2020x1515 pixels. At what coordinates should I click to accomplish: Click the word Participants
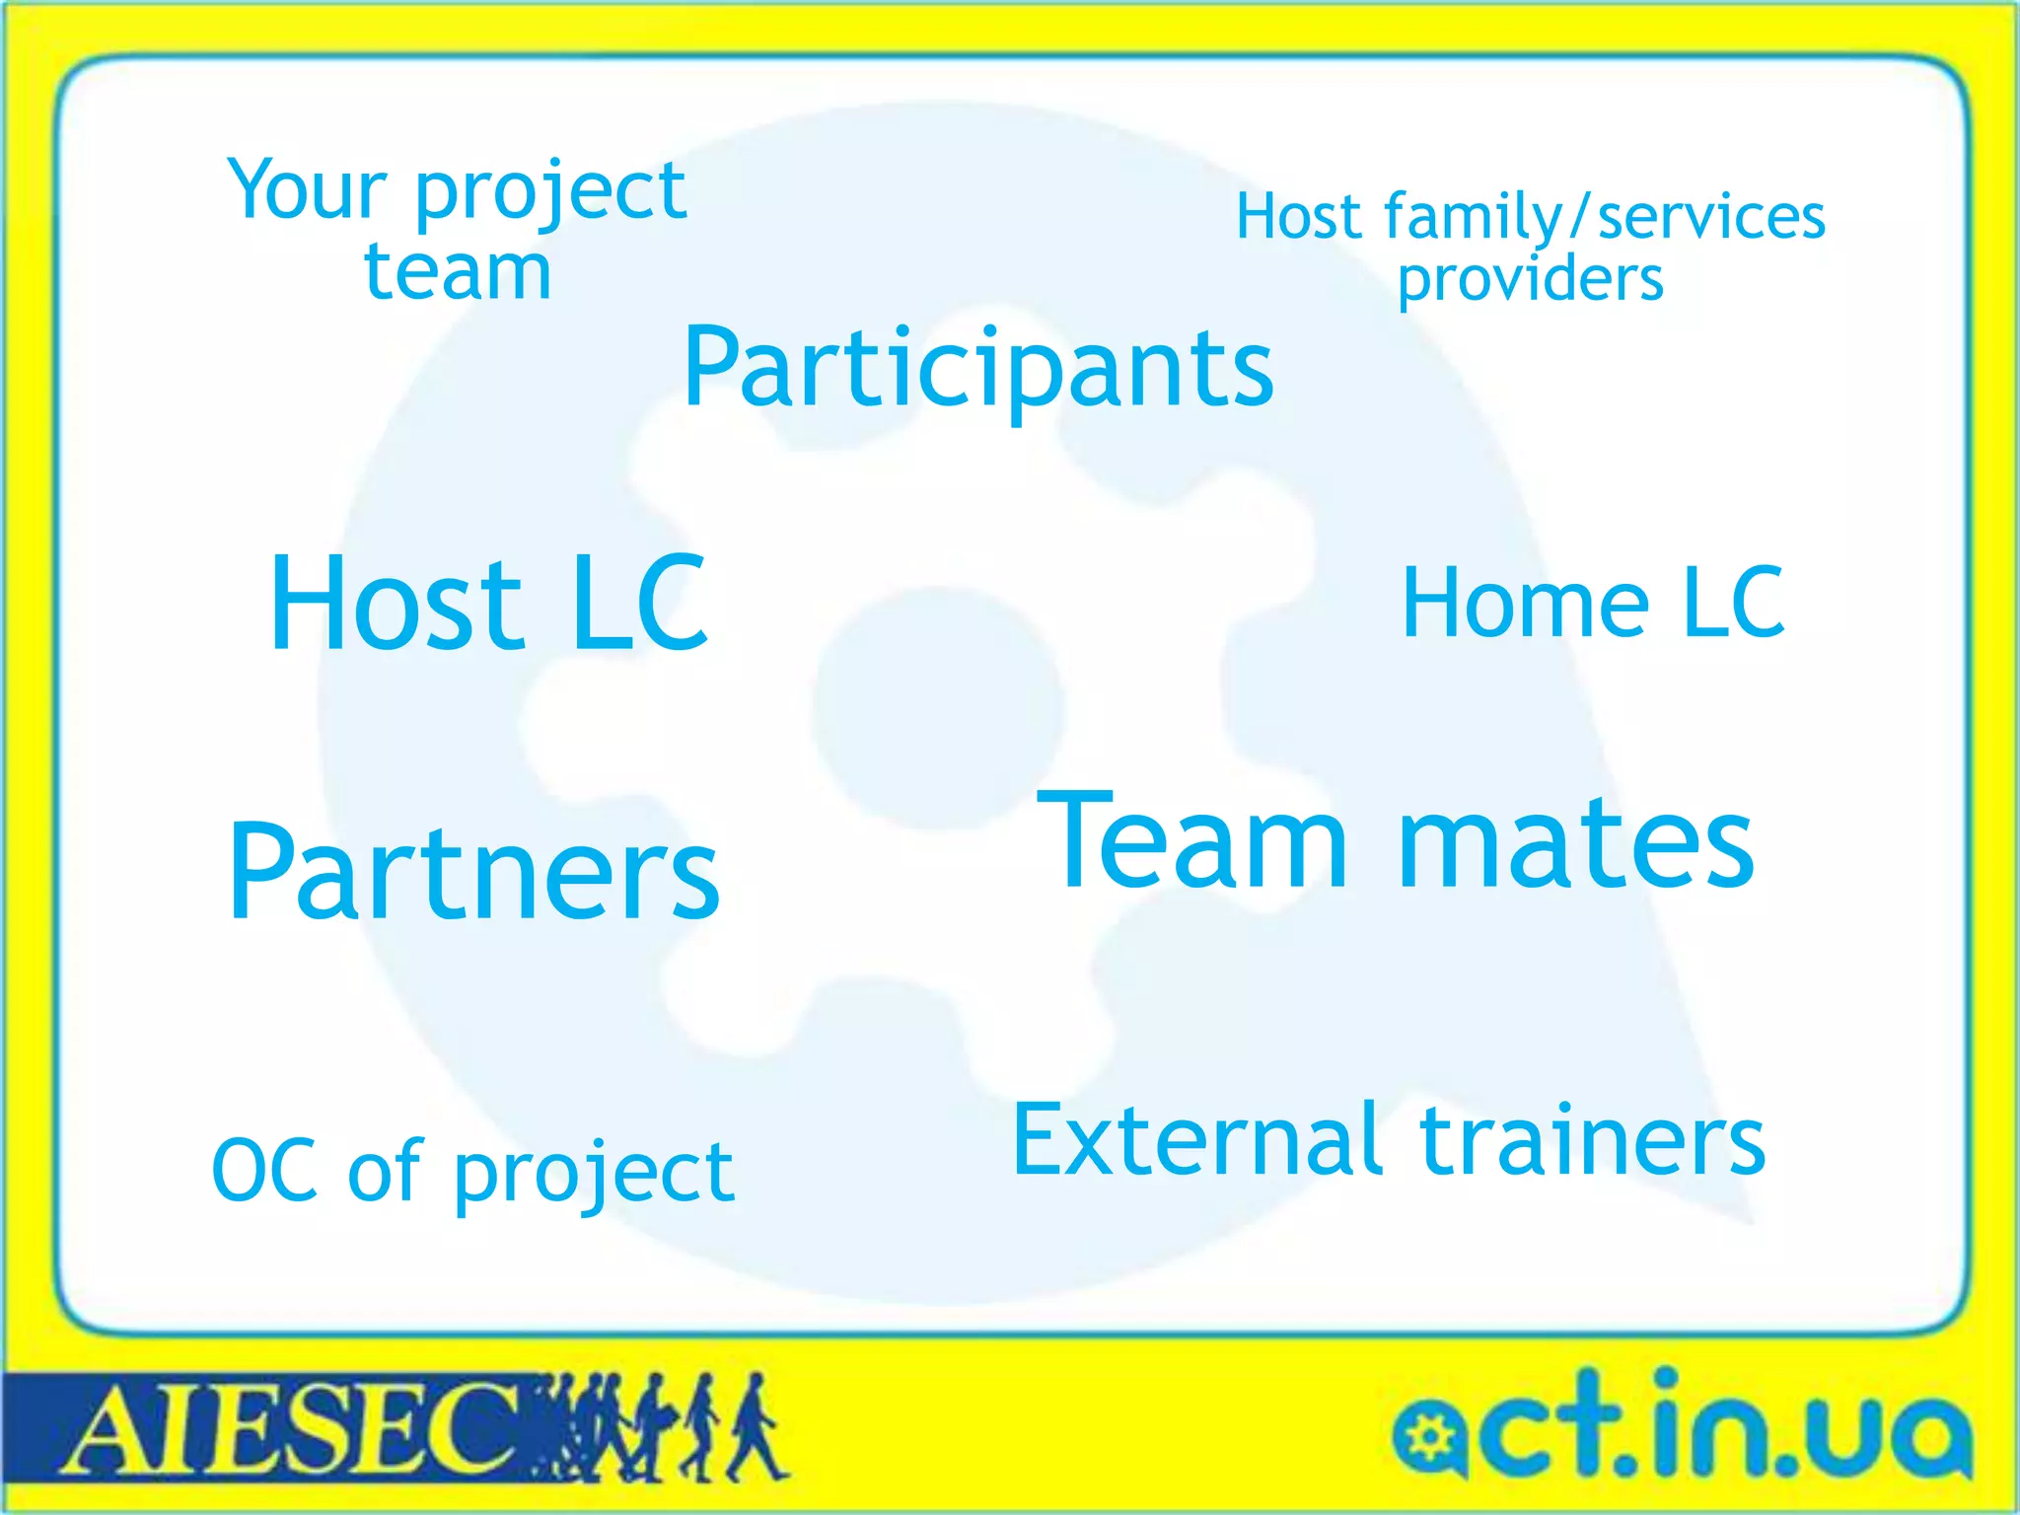[978, 369]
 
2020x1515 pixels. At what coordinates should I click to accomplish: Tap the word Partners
[473, 874]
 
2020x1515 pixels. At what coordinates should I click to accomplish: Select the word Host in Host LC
[395, 604]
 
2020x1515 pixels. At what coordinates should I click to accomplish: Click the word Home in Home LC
[1525, 604]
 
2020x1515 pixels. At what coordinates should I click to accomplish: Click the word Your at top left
[306, 189]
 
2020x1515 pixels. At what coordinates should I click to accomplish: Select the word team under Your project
[458, 272]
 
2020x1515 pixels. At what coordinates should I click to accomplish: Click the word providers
[1531, 280]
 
